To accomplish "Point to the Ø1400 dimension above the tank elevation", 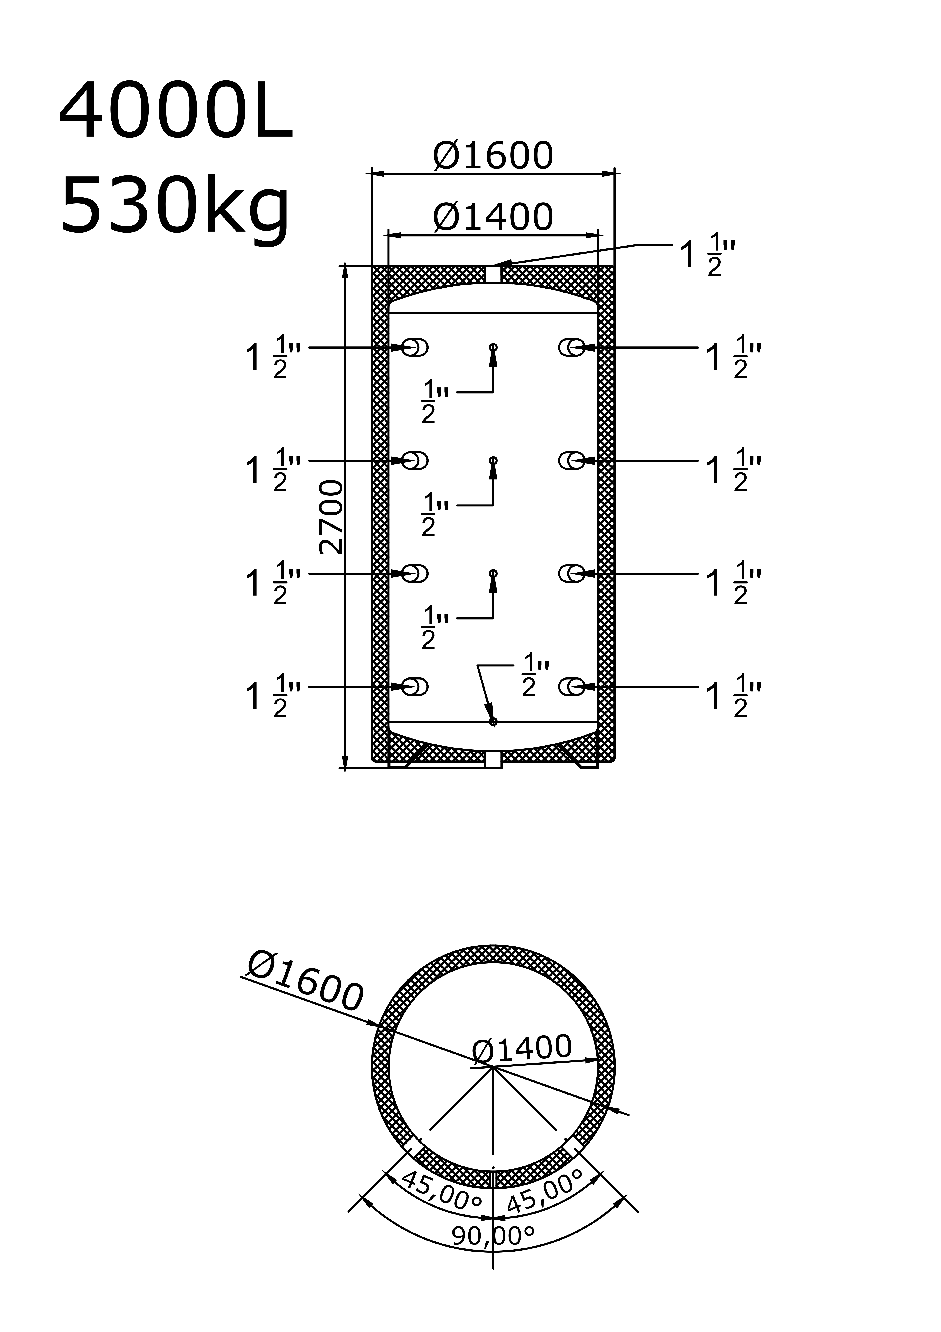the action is point(493,218).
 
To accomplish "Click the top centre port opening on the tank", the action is point(493,274).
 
